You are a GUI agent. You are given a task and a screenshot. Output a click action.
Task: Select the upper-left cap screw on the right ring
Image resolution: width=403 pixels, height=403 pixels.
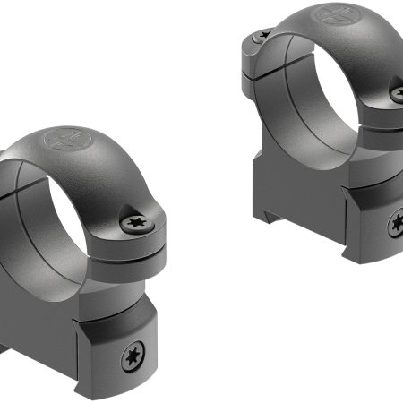click(x=262, y=37)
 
